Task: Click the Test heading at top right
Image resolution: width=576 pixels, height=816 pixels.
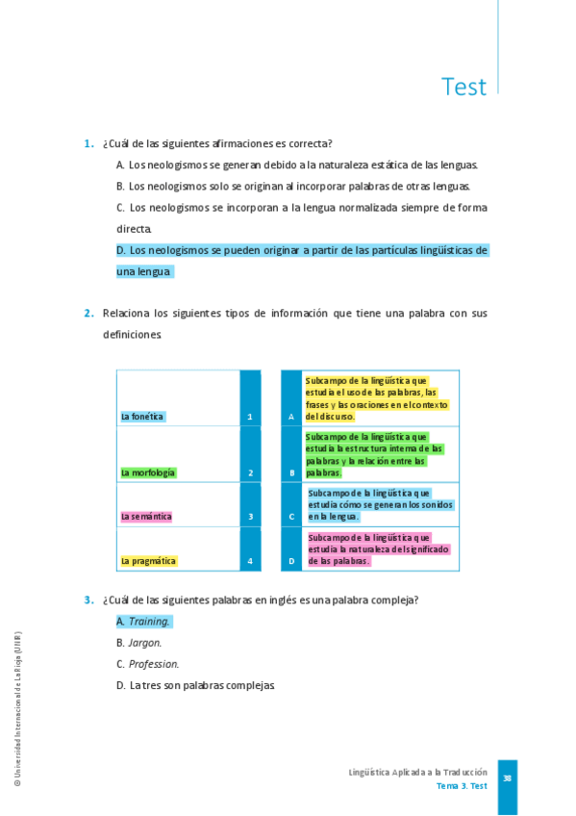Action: coord(463,87)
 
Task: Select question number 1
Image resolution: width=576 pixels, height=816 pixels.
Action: coord(88,143)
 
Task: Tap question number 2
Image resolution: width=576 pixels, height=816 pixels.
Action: coord(88,313)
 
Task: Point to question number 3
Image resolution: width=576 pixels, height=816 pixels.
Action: coord(88,599)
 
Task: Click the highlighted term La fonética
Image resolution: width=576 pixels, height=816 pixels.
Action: coord(143,417)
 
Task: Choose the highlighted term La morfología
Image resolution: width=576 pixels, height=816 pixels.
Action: coord(148,472)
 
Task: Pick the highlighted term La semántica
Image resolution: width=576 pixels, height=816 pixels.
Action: coord(146,517)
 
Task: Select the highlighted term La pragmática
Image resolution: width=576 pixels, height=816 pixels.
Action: coord(148,560)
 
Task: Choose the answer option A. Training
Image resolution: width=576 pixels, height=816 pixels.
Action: coord(143,622)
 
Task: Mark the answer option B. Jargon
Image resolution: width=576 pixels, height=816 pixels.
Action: coord(139,643)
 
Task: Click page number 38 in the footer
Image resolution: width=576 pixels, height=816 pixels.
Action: coord(507,778)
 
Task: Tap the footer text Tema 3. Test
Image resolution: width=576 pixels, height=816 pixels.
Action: coord(462,786)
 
